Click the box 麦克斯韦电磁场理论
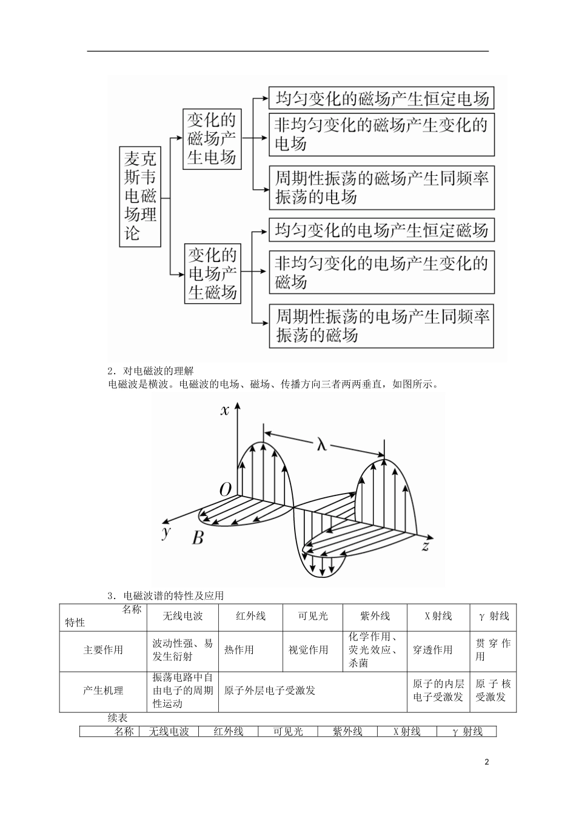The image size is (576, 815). click(x=140, y=195)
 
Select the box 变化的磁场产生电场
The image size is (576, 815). click(x=211, y=139)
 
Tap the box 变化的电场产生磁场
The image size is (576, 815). click(x=212, y=273)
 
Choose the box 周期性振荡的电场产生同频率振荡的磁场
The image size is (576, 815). click(x=381, y=326)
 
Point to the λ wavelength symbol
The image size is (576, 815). click(x=321, y=444)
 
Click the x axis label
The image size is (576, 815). click(x=225, y=411)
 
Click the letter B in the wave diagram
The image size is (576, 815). click(x=198, y=537)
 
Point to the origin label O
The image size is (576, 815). click(x=224, y=490)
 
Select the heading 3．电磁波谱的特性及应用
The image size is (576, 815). click(x=166, y=595)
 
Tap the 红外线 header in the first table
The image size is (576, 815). click(x=250, y=616)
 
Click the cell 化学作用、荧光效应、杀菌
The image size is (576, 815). click(x=373, y=650)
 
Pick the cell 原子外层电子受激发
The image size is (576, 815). click(x=270, y=691)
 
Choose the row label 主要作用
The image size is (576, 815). click(x=103, y=650)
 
